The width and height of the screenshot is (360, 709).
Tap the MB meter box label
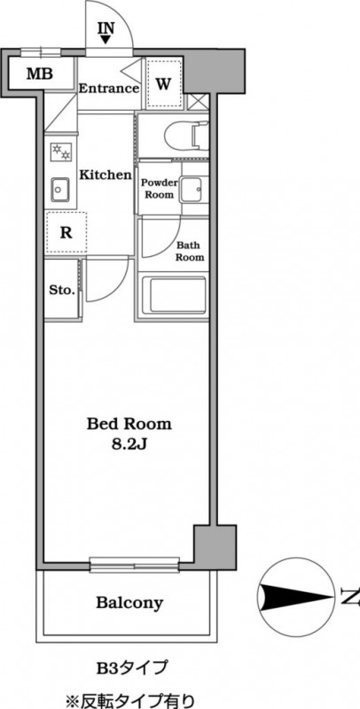coord(39,74)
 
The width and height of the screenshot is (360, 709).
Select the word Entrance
coord(108,88)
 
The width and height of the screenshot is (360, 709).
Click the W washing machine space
coord(164,83)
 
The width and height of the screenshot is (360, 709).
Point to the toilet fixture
coord(186,136)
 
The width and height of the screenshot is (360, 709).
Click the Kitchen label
coord(106,175)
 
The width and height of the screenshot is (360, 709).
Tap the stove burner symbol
coord(60,151)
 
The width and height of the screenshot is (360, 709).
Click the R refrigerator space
coord(66,232)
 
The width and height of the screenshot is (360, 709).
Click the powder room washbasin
coord(193,190)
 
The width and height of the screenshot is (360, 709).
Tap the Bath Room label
coord(190,252)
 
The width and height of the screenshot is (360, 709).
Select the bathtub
coord(173,296)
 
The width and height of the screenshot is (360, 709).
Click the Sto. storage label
coord(62,291)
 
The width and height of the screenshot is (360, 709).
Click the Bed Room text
coord(129,425)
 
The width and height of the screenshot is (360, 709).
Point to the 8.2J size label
coord(129,444)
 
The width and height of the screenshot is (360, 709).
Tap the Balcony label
coord(129,603)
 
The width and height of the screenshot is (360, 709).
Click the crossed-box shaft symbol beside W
coord(198,101)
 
